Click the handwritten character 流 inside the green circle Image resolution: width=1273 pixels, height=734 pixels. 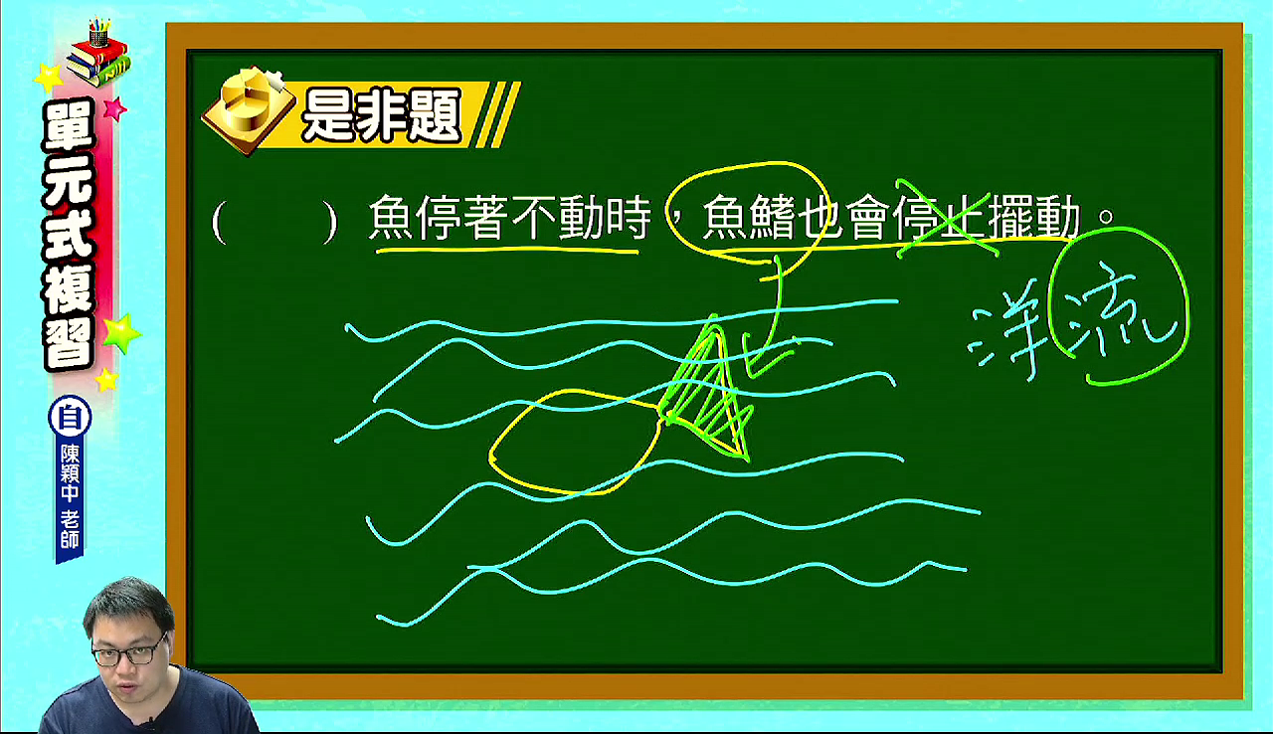pyautogui.click(x=1114, y=309)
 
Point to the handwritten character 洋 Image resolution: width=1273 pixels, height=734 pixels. pyautogui.click(x=1008, y=341)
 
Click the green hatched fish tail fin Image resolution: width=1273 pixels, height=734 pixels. pyautogui.click(x=707, y=392)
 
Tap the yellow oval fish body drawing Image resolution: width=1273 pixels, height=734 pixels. pyautogui.click(x=575, y=442)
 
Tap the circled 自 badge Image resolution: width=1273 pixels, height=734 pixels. pyautogui.click(x=70, y=418)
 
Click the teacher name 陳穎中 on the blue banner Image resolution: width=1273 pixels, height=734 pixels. pyautogui.click(x=70, y=473)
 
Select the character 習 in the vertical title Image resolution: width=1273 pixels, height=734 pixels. pyautogui.click(x=69, y=344)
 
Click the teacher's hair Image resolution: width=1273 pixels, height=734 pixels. pyautogui.click(x=128, y=604)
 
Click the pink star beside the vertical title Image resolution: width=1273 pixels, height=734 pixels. pyautogui.click(x=114, y=108)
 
